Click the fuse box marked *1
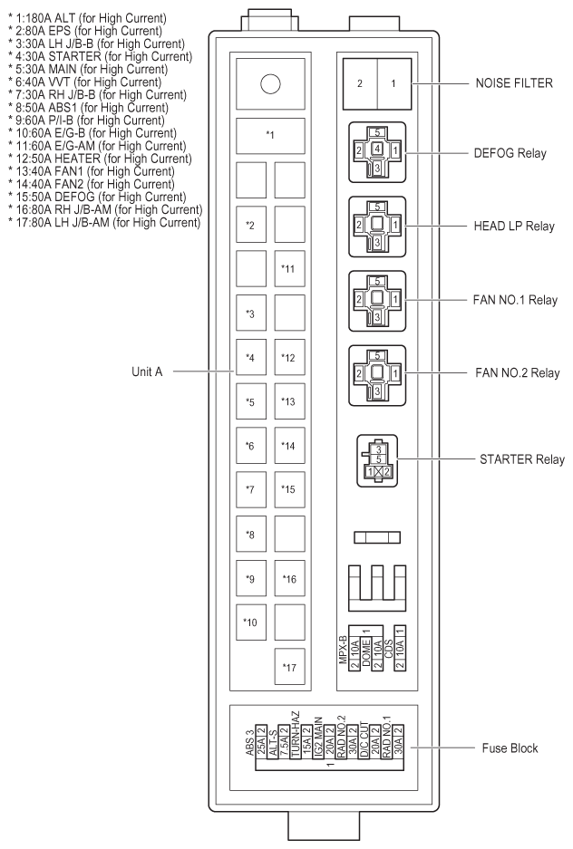tap(269, 135)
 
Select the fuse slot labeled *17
tap(290, 667)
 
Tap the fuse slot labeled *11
tap(290, 268)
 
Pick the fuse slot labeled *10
tap(251, 622)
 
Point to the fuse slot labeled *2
tap(251, 223)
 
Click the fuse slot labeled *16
tap(290, 578)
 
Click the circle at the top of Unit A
tap(269, 84)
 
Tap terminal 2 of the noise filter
tap(360, 83)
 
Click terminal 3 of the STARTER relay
tap(374, 449)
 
